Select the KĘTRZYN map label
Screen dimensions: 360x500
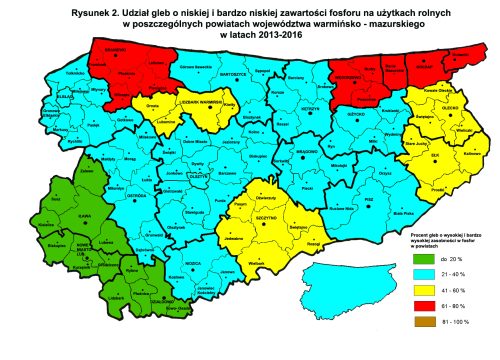(310, 107)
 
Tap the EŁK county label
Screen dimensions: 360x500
(434, 155)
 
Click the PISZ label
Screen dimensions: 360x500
(375, 198)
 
